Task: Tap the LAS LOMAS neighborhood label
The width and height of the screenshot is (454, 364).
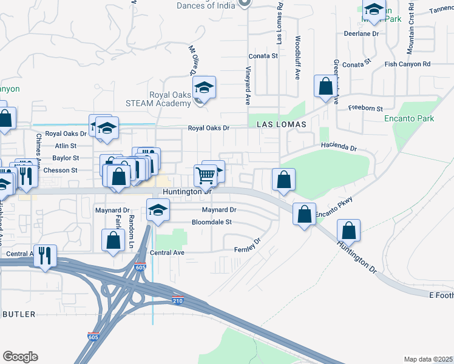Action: (x=280, y=123)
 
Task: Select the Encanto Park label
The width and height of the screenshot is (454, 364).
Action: (x=409, y=119)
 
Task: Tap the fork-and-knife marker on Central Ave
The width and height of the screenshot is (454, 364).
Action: (x=45, y=255)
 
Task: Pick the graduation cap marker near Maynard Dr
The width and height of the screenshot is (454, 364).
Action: (x=158, y=211)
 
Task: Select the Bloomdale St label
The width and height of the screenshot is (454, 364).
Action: (x=212, y=222)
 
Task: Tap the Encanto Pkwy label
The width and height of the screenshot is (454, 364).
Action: (x=333, y=203)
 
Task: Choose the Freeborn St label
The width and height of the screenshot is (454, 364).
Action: (x=365, y=109)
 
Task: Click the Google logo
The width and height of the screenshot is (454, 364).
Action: (x=20, y=357)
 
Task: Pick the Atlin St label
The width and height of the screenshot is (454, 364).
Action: (x=66, y=146)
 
